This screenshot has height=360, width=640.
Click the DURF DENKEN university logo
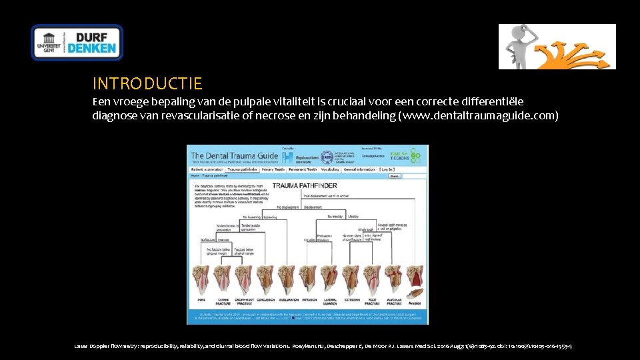tap(77, 42)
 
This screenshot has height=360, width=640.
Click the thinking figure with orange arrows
tap(557, 46)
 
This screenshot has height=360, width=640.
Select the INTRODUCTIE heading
tap(147, 83)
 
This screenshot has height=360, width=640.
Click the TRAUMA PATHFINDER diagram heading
tap(305, 185)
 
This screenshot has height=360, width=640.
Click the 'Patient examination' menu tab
tap(207, 170)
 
